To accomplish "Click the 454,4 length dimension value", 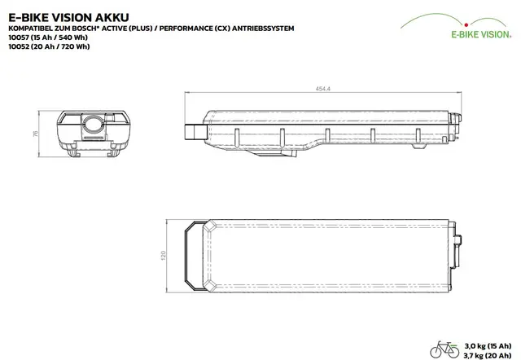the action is coord(322,89).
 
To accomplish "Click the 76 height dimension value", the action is coord(35,134).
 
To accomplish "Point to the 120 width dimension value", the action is coord(163,256).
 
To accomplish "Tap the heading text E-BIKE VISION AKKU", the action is coord(68,17).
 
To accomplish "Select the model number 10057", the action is coord(19,37).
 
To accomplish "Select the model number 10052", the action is coord(19,46).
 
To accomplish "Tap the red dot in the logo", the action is coord(466,24).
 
